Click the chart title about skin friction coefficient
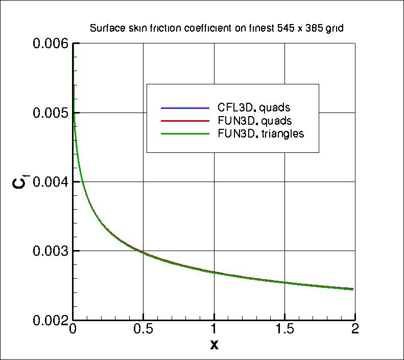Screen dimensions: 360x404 216,29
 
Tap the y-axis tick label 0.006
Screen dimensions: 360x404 50,44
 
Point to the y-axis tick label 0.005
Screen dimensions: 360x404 50,113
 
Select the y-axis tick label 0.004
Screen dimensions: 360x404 50,182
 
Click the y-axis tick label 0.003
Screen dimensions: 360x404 50,251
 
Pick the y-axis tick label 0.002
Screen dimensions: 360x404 50,320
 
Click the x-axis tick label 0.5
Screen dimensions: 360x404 144,329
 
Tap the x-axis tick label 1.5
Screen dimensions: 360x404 284,329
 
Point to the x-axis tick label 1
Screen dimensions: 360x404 214,329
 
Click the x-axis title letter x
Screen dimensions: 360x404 214,345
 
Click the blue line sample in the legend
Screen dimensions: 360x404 185,108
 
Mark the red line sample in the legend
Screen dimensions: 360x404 185,121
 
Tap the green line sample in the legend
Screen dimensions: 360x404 185,134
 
